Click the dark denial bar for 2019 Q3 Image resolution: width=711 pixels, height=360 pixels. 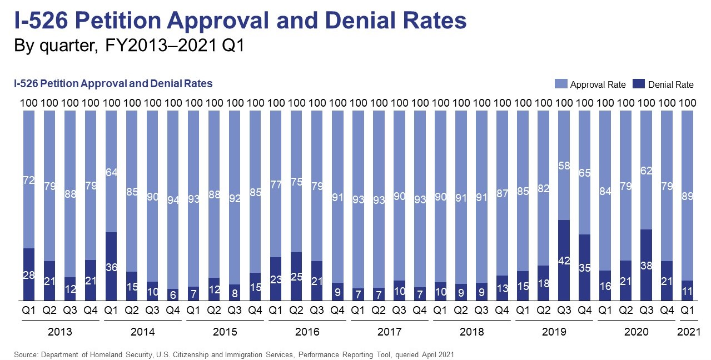click(x=564, y=260)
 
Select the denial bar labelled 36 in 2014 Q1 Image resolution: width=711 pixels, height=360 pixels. click(x=111, y=266)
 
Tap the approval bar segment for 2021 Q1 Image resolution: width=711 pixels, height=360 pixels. click(x=688, y=195)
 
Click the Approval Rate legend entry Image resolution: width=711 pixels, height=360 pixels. click(x=591, y=84)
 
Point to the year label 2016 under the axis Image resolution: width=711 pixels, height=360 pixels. click(x=307, y=332)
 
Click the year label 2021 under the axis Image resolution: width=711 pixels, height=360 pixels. click(x=688, y=332)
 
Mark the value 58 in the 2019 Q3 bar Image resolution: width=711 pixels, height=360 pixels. click(x=564, y=165)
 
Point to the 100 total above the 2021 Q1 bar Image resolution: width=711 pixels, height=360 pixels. click(x=688, y=103)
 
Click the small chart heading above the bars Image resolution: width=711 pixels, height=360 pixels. click(x=113, y=84)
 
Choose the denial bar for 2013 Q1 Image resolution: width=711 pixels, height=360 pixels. click(x=29, y=274)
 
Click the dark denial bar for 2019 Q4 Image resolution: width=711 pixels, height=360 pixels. click(x=585, y=267)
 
